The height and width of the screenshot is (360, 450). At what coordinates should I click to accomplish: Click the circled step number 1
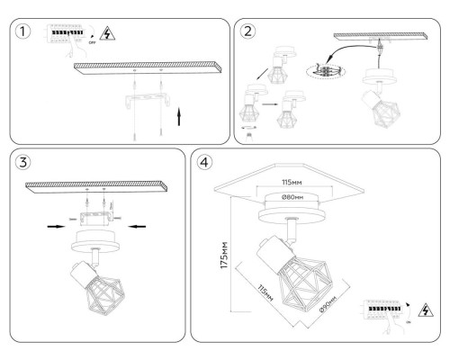[x=24, y=32]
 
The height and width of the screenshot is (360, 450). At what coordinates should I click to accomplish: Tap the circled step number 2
[x=248, y=32]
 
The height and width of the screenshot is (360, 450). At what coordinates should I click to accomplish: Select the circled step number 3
[x=24, y=166]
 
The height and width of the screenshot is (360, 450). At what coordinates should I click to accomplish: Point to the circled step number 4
[x=207, y=166]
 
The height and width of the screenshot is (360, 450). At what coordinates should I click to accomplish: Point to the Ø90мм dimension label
[x=327, y=303]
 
